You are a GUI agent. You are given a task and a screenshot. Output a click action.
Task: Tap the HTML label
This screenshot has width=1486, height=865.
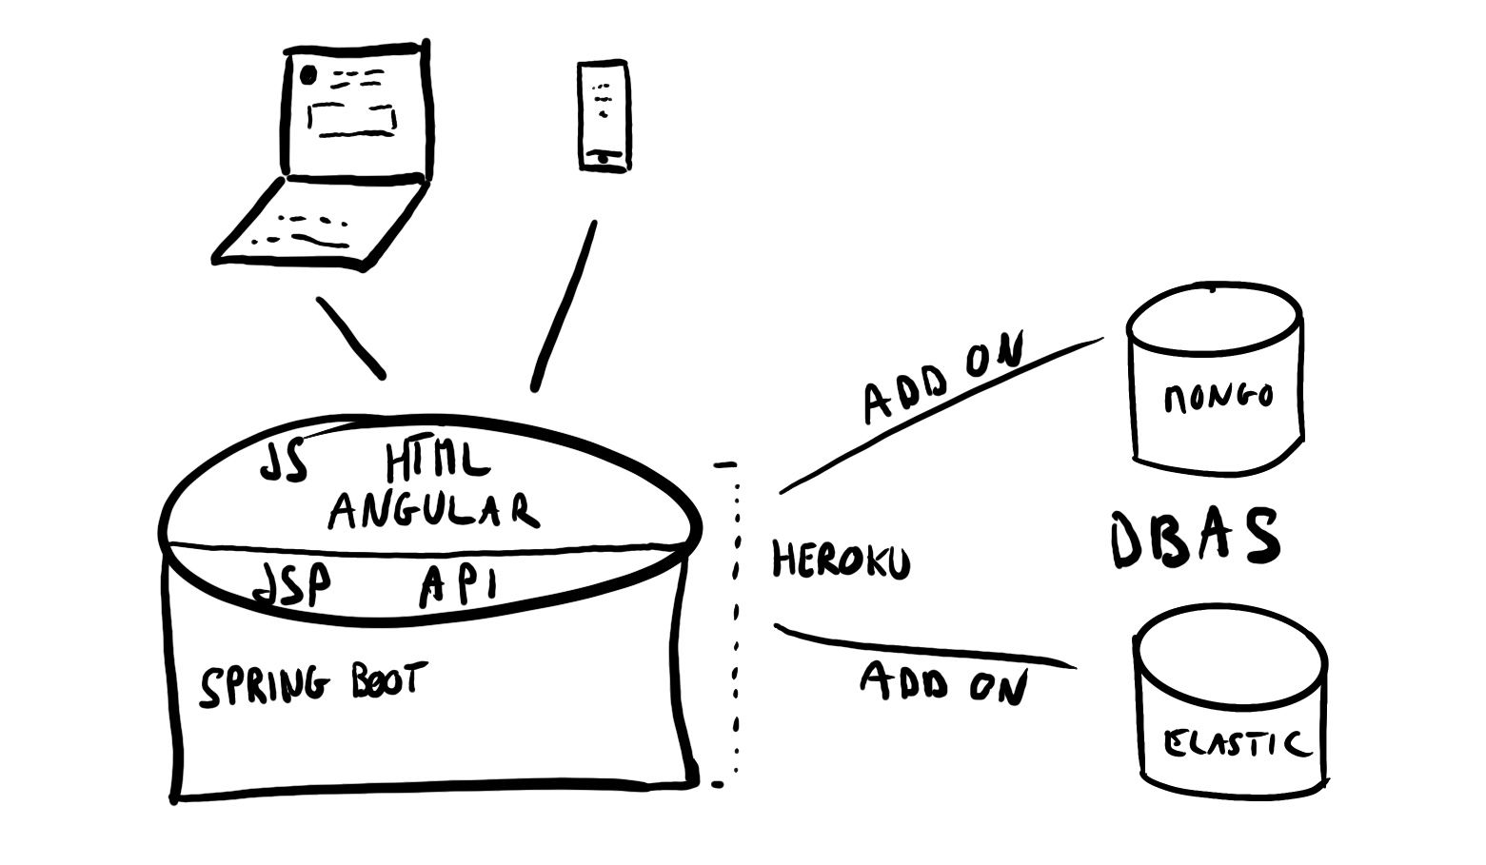[437, 462]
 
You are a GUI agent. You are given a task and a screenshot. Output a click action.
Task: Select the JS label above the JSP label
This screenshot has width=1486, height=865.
[285, 462]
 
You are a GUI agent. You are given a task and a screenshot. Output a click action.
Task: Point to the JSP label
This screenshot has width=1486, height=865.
[291, 582]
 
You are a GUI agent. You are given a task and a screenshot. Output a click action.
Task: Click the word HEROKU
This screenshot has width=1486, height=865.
[840, 560]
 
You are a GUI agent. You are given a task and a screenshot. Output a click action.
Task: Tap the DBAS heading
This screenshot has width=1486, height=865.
[1196, 539]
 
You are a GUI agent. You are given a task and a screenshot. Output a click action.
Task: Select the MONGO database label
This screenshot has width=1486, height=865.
[1218, 396]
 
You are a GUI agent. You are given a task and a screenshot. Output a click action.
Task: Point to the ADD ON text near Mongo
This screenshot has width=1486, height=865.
[941, 378]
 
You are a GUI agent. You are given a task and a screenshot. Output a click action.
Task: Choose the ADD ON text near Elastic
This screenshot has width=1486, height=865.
[943, 682]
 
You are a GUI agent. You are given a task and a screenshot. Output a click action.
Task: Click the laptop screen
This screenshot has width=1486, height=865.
[353, 109]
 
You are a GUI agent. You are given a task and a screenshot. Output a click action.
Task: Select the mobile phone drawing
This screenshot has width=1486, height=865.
[604, 116]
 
